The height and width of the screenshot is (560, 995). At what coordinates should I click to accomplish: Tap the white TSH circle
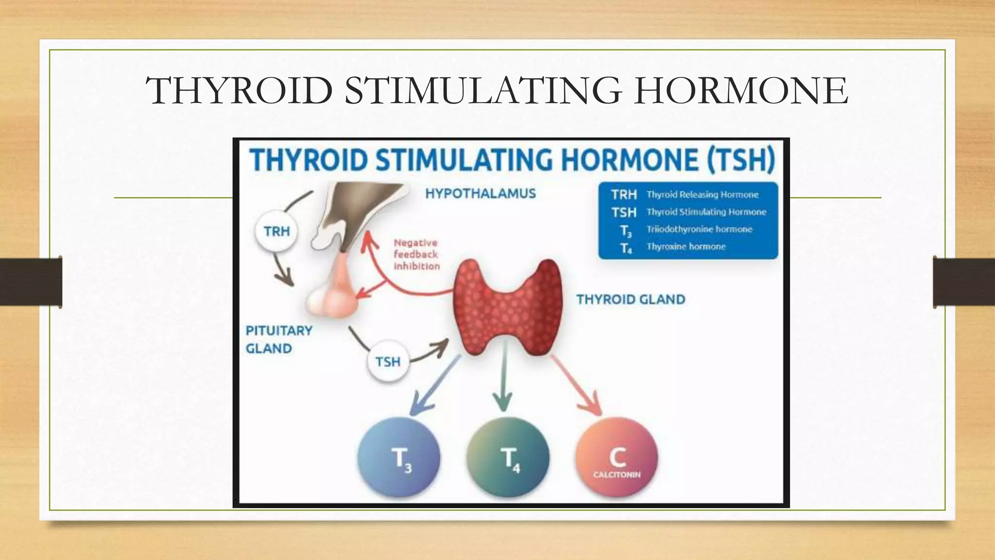click(388, 362)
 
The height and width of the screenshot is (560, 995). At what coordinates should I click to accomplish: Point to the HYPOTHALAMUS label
click(480, 193)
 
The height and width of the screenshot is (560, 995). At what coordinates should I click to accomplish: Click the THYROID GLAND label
click(631, 299)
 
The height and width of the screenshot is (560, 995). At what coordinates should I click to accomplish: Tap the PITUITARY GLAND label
click(278, 339)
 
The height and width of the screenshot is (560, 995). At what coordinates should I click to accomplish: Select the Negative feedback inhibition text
click(416, 254)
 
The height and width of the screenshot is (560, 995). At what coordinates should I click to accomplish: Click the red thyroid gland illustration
click(508, 306)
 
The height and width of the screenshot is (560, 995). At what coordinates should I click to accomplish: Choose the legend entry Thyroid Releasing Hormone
click(702, 195)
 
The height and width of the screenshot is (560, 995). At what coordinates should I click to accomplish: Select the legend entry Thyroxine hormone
click(686, 247)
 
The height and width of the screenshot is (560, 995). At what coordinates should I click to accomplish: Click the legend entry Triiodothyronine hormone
click(699, 229)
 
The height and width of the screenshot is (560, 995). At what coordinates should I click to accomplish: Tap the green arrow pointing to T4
click(503, 384)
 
